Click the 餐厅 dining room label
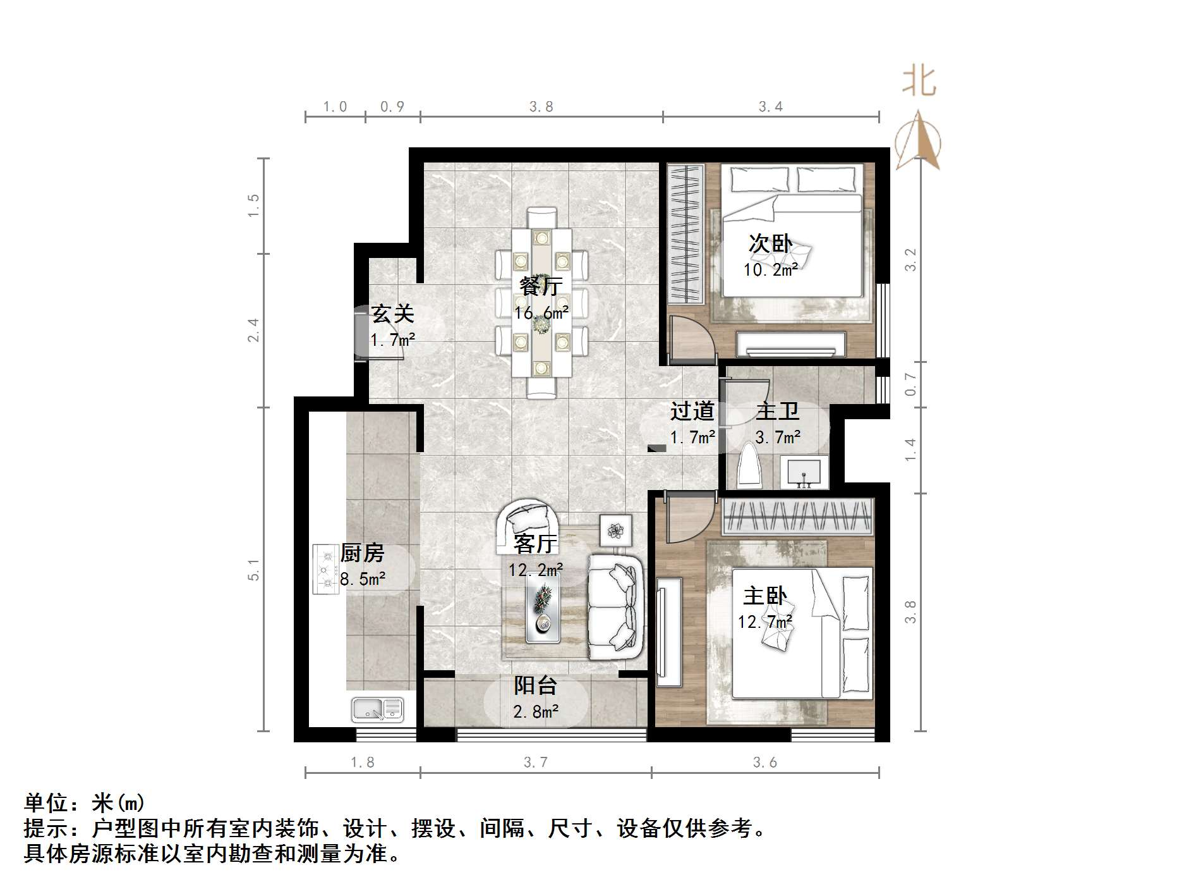coord(541,286)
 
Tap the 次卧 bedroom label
coord(770,243)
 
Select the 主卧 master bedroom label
coord(764,596)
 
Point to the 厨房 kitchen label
coord(362,553)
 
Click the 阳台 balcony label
coord(535,685)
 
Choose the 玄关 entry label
coord(392,314)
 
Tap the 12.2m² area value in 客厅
coord(536,570)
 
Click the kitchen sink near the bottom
coord(378,709)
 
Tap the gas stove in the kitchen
coord(326,570)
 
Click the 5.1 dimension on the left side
coord(253,569)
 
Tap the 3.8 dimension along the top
coord(541,107)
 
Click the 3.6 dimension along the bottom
coord(764,763)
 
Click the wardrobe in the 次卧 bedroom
coord(686,234)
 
